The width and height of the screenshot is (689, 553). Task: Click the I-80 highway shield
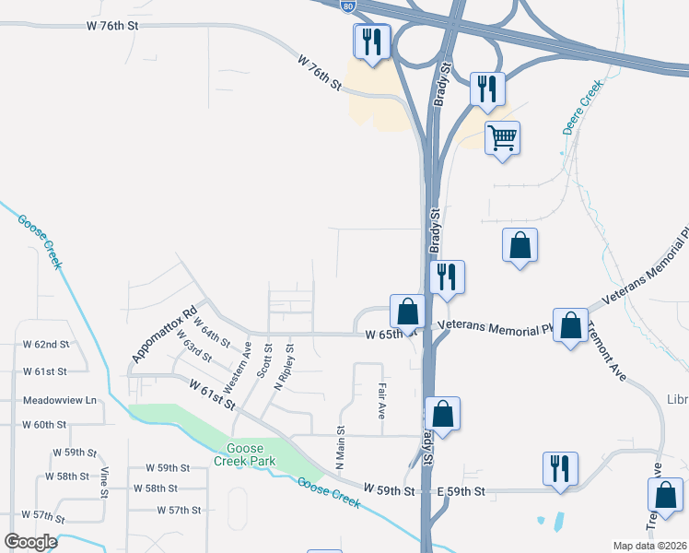pyautogui.click(x=346, y=6)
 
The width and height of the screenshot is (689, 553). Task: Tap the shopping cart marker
pyautogui.click(x=502, y=139)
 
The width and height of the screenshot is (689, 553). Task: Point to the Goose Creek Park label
pyautogui.click(x=245, y=453)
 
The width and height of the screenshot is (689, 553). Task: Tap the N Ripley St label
pyautogui.click(x=284, y=367)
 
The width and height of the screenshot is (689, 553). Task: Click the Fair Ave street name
pyautogui.click(x=380, y=403)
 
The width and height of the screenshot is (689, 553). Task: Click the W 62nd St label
pyautogui.click(x=46, y=345)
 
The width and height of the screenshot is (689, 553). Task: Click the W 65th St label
pyautogui.click(x=384, y=334)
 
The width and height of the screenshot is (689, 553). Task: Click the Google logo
pyautogui.click(x=30, y=542)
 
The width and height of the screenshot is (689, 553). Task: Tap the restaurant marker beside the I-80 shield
pyautogui.click(x=372, y=42)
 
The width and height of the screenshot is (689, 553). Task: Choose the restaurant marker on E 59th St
pyautogui.click(x=560, y=469)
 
